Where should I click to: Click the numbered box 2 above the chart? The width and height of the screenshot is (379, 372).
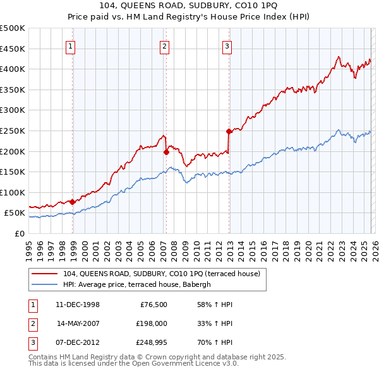point(164,45)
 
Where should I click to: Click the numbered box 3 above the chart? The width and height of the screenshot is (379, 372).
point(226,45)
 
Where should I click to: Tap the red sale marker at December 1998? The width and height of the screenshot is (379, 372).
point(72,202)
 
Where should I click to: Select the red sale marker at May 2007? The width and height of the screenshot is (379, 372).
point(166,152)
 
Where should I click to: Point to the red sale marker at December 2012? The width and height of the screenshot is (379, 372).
point(229,131)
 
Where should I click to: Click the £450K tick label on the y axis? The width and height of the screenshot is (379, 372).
point(13,49)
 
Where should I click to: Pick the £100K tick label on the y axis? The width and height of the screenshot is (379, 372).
point(13,192)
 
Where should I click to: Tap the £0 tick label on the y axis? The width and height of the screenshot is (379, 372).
point(20,233)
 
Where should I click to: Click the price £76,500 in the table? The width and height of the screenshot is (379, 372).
point(153,305)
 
